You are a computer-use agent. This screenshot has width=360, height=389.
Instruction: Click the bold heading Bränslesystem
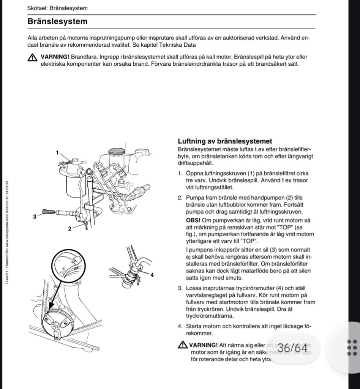[x=57, y=22]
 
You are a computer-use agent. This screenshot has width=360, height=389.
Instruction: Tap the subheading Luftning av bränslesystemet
[x=225, y=142]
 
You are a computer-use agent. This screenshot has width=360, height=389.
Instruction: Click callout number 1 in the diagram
[x=58, y=153]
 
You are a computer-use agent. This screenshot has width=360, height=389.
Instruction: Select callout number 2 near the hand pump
[x=69, y=229]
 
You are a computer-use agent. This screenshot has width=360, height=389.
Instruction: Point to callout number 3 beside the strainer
[x=35, y=217]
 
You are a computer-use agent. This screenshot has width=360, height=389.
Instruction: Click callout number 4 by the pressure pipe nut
[x=152, y=275]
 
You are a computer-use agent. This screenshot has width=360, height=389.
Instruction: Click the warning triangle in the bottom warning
[x=182, y=345]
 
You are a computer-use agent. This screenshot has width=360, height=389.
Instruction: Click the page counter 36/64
[x=292, y=348]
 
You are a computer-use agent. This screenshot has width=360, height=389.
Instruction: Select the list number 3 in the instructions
[x=180, y=288]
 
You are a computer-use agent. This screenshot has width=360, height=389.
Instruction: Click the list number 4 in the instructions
[x=180, y=326]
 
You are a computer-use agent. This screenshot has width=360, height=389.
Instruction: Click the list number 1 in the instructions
[x=180, y=173]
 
